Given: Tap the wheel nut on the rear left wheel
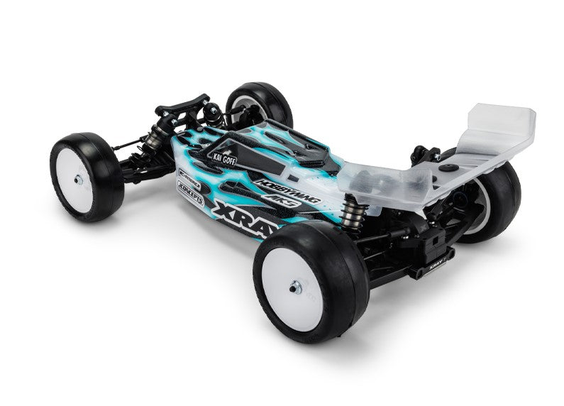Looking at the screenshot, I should pos(295,287).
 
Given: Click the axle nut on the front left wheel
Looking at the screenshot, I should pos(78,180).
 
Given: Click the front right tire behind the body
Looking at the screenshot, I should pos(260,103).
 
